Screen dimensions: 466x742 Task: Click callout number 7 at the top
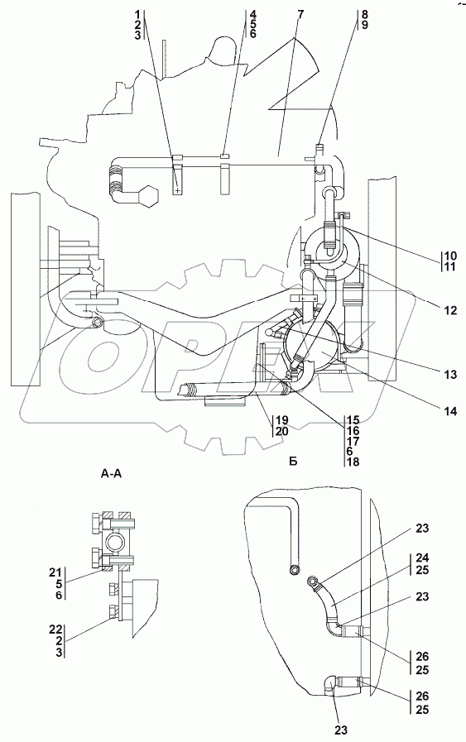click(300, 14)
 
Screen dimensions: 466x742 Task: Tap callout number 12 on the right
click(450, 310)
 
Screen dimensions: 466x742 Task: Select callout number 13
click(450, 375)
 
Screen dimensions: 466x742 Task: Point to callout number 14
click(450, 411)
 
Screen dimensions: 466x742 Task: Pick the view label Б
click(293, 462)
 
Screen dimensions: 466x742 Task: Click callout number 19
click(281, 420)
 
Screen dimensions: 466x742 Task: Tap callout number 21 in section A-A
click(55, 572)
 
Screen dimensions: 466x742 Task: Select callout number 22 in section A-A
click(55, 630)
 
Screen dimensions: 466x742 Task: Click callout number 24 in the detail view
click(422, 558)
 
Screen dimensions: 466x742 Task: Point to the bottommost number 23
click(342, 730)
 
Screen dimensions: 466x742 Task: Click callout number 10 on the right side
click(449, 256)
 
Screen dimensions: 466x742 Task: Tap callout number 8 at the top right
click(364, 14)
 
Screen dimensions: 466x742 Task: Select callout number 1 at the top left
click(137, 14)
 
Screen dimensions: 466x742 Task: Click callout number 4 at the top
click(253, 14)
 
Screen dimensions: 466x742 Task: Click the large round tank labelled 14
click(310, 351)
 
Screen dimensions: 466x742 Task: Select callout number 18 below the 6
click(353, 462)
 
